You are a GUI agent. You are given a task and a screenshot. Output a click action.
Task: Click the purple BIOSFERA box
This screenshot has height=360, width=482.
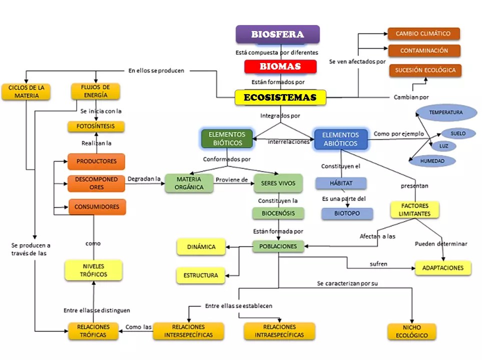[x=277, y=35]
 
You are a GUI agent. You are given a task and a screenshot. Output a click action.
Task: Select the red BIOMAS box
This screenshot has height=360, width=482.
[x=280, y=66]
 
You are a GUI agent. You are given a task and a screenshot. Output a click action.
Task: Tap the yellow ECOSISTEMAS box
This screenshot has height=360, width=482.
[x=280, y=98]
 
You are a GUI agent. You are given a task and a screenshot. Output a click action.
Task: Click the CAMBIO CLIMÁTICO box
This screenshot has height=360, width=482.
[x=423, y=34]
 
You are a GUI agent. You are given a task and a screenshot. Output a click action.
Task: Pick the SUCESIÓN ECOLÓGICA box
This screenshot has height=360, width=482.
[x=425, y=71]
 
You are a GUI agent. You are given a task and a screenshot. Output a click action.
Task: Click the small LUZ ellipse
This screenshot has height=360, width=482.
[x=443, y=146]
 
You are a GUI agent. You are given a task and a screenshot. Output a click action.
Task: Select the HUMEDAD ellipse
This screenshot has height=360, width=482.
[x=432, y=161]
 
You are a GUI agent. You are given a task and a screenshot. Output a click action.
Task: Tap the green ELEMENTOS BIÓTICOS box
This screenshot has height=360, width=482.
[x=227, y=139]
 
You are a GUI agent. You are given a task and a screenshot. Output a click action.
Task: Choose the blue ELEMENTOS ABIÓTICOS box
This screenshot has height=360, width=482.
[x=340, y=139]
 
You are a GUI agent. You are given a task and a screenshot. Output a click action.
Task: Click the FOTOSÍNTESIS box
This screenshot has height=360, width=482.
[x=96, y=127]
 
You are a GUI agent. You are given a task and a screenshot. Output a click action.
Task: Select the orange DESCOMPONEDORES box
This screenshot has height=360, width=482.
[x=96, y=183]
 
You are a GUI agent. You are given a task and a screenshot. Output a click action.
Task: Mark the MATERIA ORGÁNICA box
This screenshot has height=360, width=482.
[x=189, y=183]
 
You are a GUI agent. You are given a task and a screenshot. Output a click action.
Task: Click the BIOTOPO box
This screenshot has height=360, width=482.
[x=347, y=214]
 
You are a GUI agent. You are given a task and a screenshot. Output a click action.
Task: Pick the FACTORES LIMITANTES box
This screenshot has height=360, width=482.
[x=414, y=210]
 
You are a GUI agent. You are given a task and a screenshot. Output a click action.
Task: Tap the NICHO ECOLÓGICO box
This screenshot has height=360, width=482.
[x=411, y=331]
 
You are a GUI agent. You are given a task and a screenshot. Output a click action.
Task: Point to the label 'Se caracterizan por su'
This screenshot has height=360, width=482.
[x=347, y=283]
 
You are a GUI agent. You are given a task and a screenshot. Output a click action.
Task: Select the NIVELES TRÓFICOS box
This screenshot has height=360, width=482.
[x=94, y=270]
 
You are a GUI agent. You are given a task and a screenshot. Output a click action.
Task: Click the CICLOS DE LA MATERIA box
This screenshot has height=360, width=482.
[x=26, y=92]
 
